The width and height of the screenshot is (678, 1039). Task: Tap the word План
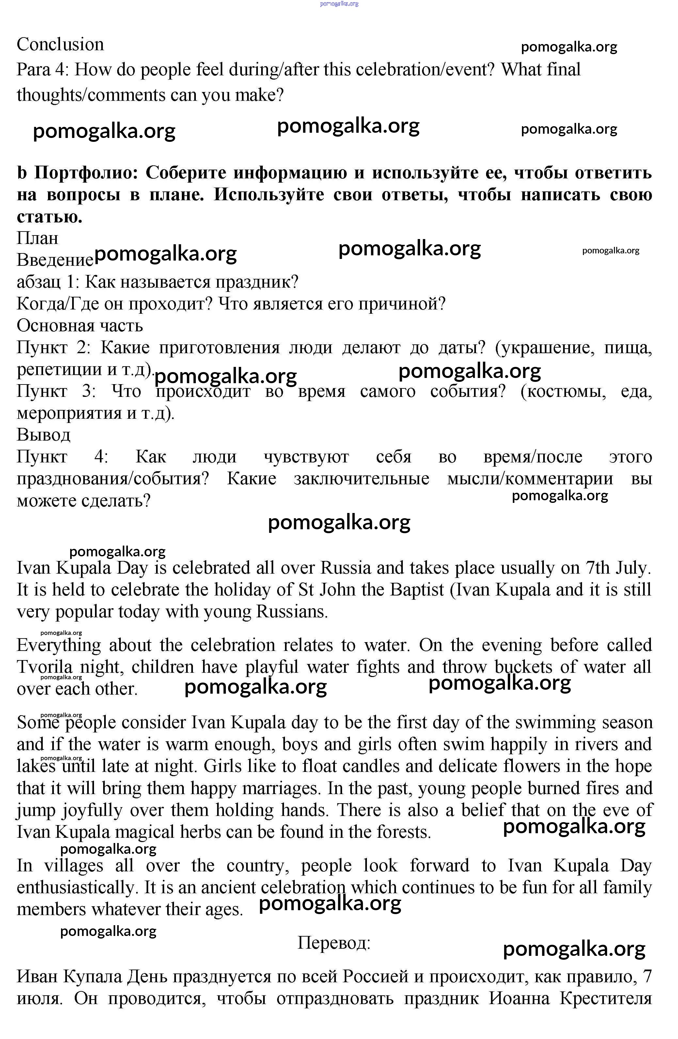tap(38, 238)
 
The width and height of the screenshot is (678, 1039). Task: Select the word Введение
tap(55, 260)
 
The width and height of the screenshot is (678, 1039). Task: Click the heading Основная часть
tap(80, 326)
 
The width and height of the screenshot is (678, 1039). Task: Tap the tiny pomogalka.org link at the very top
tap(339, 4)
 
